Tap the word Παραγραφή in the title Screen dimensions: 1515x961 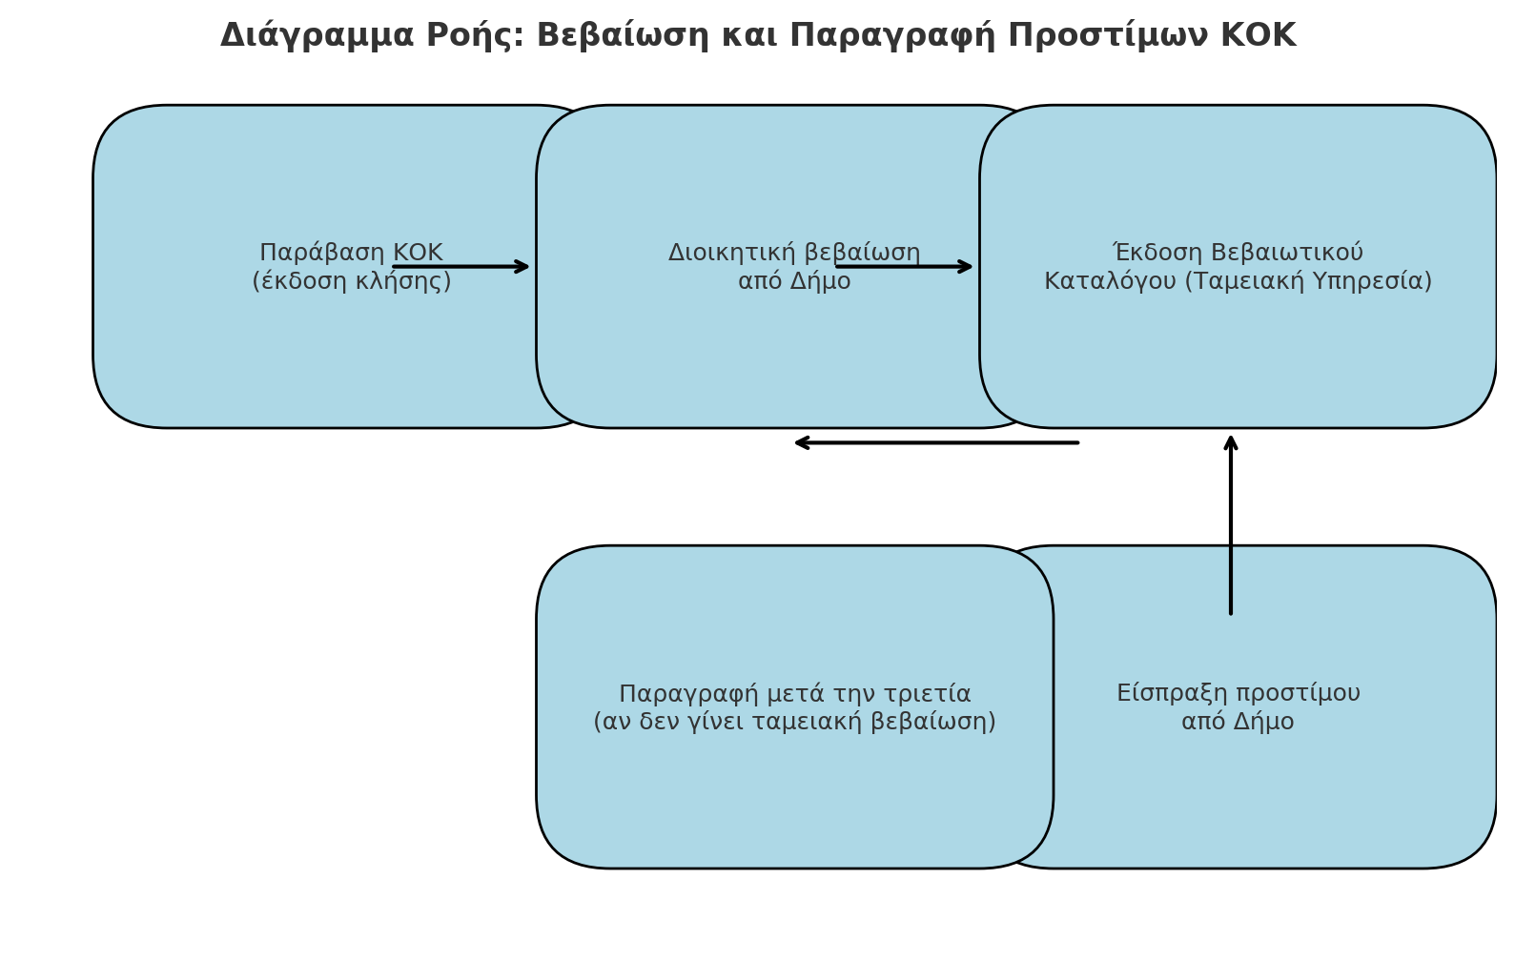click(x=892, y=36)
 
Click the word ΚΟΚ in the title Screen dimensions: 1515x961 click(x=1258, y=35)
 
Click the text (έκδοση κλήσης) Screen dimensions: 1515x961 click(x=352, y=280)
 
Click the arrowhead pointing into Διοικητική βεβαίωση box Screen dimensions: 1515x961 click(x=522, y=266)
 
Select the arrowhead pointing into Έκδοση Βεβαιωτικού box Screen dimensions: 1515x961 click(x=965, y=266)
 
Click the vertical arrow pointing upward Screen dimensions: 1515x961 click(x=1231, y=525)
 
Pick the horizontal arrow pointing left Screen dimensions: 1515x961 click(x=936, y=443)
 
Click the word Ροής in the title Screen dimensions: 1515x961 click(x=476, y=36)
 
